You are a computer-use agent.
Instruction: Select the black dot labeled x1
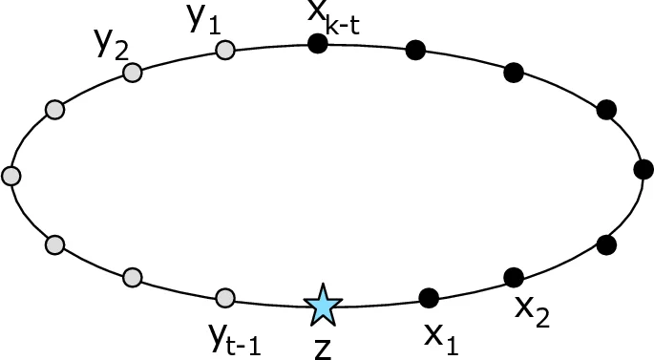429,298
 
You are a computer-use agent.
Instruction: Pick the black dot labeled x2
514,278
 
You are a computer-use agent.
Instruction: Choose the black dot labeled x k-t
318,43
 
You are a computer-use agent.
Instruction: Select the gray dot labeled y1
224,50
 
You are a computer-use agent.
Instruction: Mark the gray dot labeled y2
133,73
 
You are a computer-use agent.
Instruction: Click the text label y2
110,43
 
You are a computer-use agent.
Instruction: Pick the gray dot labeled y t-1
224,298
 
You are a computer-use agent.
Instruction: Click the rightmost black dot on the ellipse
643,169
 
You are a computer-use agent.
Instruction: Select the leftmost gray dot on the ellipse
11,176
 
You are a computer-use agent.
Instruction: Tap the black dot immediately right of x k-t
415,50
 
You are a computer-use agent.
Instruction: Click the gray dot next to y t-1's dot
133,278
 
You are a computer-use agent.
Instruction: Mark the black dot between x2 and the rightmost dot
605,244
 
